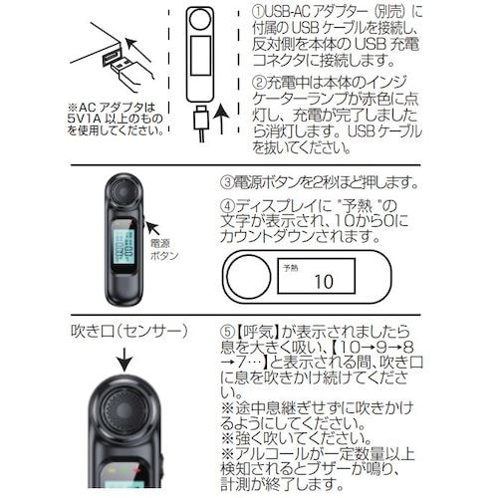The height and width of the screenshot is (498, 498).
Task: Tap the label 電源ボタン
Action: tap(163, 249)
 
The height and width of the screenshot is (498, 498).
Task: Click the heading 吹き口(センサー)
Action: tap(127, 330)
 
